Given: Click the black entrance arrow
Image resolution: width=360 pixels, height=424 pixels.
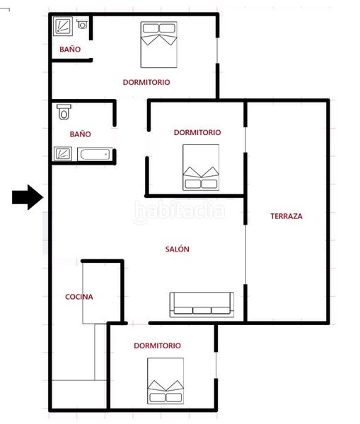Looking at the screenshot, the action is tap(28, 197).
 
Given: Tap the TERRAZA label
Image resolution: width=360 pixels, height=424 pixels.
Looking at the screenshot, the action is tap(286, 216).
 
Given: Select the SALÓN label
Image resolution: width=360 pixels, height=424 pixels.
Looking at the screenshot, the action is tap(178, 249).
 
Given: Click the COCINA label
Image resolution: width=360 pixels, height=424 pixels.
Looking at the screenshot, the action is tap(79, 297).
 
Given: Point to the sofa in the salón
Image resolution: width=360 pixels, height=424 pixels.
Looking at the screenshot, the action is tap(202, 305).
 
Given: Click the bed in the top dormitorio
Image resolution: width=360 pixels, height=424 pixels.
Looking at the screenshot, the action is tap(159, 45).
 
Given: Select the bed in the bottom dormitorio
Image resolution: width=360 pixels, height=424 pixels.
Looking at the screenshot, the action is tap(166, 381).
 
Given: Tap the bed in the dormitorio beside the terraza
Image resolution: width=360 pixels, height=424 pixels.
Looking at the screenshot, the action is tap(201, 167).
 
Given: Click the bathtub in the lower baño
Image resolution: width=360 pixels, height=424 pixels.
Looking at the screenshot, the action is tap(95, 154).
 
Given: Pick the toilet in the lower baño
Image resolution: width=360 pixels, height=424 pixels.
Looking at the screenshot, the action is tap(64, 112).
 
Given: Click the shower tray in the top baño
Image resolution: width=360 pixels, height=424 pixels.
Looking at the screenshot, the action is tap(63, 26).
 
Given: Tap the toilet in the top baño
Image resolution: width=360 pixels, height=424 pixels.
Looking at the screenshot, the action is tap(82, 24).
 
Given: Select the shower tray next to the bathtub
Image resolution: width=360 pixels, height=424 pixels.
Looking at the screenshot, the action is tap(63, 154).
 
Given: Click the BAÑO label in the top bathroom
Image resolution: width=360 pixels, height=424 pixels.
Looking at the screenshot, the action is tap(70, 49).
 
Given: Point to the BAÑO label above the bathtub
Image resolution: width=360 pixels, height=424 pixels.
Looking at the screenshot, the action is tap(81, 134).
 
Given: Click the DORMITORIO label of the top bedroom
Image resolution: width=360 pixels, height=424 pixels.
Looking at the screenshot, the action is tap(146, 82).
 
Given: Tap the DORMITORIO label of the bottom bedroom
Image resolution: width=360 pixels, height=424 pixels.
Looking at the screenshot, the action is tap(157, 346).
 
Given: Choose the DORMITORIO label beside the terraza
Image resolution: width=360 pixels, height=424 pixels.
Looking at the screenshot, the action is tap(197, 132).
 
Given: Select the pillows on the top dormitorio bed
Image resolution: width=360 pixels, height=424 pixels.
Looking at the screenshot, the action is tap(159, 28).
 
